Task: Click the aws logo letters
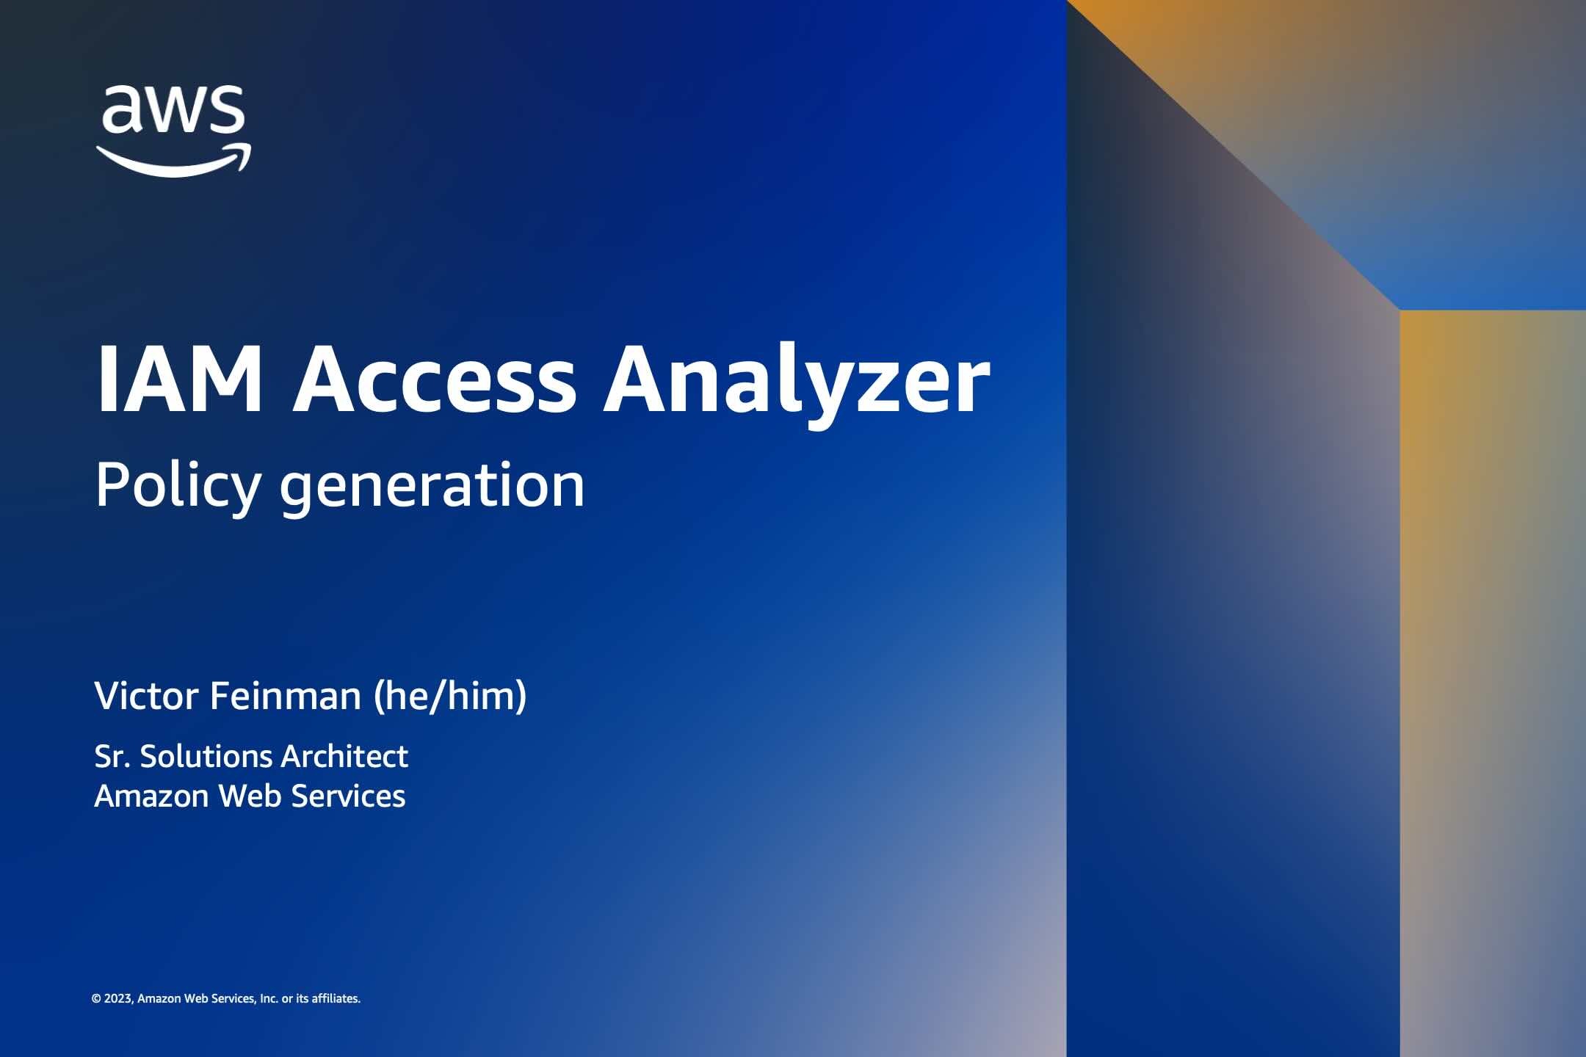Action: coord(173,109)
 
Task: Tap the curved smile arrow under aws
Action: coord(174,159)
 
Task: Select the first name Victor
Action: coord(146,696)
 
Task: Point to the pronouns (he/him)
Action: coord(450,697)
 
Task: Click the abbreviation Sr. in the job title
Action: coord(111,757)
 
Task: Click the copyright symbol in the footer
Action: coord(96,998)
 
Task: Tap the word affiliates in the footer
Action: coord(336,998)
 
